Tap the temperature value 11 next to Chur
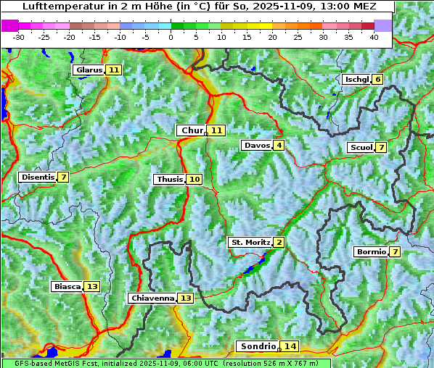218,130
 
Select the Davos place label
256,146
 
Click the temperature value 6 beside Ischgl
377,79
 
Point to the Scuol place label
361,148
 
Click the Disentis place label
38,177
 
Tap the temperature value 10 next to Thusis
195,180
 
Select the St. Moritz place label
250,243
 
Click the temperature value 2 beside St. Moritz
279,243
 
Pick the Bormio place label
371,252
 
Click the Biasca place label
67,287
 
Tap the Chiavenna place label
152,298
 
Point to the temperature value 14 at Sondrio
290,347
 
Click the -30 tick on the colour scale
19,37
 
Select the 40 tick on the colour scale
374,37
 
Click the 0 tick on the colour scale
171,37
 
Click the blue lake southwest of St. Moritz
250,269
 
